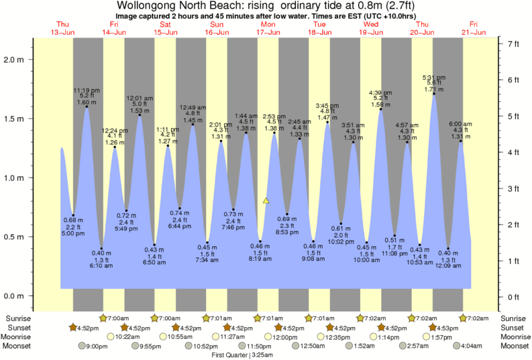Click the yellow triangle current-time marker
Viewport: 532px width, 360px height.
tap(266, 200)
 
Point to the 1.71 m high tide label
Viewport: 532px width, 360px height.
tap(434, 88)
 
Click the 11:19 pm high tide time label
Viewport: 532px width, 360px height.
tap(87, 90)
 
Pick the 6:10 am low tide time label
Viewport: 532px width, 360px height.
tap(102, 265)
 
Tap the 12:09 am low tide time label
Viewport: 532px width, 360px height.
tap(448, 265)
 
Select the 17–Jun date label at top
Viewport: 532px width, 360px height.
tap(268, 32)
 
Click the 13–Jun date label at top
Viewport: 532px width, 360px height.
tap(62, 32)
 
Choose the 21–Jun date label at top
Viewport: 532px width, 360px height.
tap(474, 32)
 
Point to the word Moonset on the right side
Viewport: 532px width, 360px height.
tap(515, 346)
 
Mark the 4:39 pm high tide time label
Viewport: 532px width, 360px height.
tap(380, 93)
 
